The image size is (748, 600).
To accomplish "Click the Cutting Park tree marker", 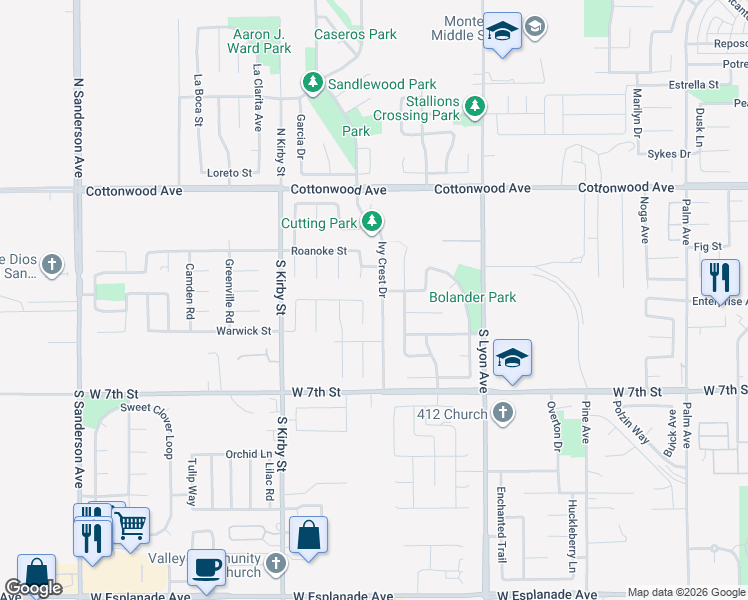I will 373,221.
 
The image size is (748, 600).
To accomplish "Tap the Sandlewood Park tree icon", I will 313,83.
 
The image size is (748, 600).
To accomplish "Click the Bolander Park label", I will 472,297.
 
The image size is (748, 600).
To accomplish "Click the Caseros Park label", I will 355,34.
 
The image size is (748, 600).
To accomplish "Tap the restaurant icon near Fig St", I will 720,276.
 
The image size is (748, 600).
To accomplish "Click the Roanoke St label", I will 318,251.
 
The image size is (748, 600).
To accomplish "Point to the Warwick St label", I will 245,330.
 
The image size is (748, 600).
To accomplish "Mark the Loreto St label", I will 229,173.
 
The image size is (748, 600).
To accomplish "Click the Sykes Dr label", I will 668,154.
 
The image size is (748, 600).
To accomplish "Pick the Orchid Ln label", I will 241,454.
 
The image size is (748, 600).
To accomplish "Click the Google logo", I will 33,588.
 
